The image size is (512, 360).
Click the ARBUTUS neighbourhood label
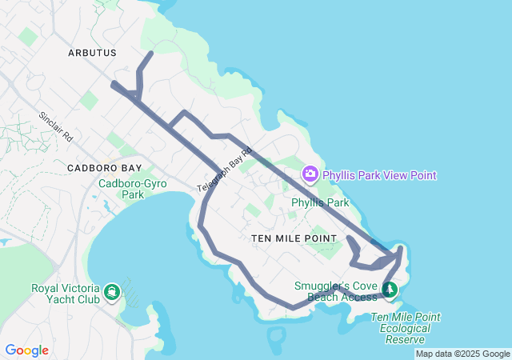pos(92,53)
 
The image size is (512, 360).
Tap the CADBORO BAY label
pos(104,168)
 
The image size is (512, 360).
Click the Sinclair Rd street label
pos(56,126)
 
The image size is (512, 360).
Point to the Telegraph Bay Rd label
pos(225,169)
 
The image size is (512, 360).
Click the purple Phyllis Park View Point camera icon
pos(310,174)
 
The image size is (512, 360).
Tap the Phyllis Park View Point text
pos(379,175)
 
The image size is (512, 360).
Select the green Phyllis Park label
pos(320,203)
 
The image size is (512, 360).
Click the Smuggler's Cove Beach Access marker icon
pos(390,289)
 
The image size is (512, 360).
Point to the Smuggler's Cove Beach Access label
pos(334,291)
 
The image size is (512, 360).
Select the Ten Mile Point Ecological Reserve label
pos(406,328)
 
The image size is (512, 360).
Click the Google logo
pos(26,350)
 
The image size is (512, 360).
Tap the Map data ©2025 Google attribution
pos(462,354)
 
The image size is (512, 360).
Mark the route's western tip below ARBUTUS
pos(114,83)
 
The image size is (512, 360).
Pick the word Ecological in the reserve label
pos(406,328)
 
